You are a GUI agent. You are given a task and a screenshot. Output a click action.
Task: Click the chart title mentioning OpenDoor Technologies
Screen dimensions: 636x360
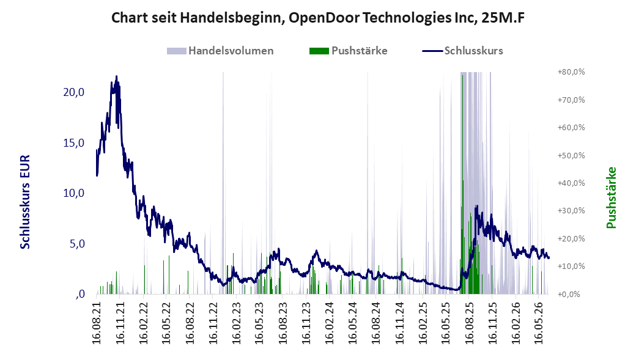(318, 18)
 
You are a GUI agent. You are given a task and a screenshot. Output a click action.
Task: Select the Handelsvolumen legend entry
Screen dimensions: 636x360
(220, 51)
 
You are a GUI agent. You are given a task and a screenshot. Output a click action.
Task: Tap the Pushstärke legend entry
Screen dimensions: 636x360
(349, 51)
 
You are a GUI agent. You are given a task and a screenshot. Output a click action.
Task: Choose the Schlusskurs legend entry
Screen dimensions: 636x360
(463, 51)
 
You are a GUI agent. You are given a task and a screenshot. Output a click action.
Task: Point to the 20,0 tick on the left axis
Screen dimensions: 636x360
(74, 92)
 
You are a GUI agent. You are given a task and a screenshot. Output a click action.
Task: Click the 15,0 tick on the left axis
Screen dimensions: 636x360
(74, 142)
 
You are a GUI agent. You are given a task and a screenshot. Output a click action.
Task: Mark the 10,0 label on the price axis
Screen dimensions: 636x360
(74, 193)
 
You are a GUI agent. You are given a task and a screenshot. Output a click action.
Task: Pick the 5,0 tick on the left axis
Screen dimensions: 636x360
(76, 244)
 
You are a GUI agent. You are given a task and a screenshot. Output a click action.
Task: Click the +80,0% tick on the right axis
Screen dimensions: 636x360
(571, 72)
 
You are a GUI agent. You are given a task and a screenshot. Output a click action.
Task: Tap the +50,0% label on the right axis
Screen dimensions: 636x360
(571, 155)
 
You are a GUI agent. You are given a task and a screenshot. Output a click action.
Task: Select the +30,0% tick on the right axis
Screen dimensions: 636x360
(571, 211)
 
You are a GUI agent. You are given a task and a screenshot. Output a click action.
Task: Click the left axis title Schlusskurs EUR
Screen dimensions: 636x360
(25, 202)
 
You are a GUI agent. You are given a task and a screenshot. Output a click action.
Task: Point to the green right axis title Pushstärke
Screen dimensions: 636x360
(612, 197)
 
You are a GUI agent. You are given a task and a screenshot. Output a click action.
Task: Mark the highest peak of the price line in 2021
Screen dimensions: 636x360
(117, 76)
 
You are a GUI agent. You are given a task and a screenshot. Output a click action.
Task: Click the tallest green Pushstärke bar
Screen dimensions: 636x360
(462, 185)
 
